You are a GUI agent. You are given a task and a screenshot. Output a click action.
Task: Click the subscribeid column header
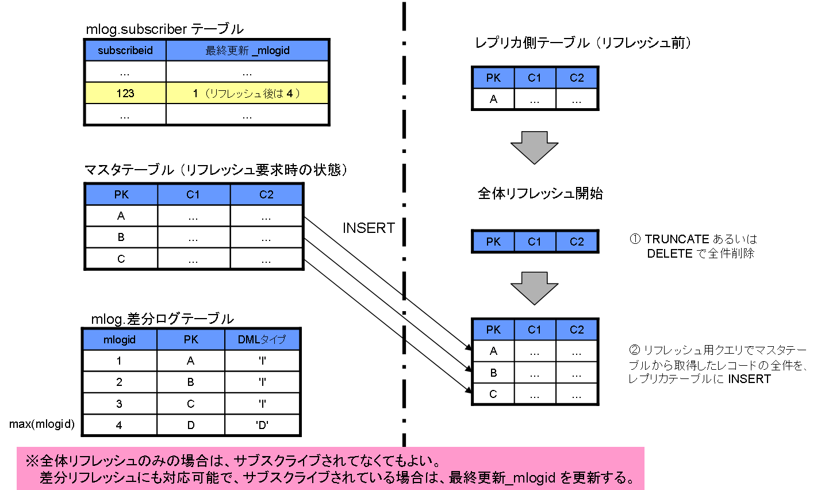[125, 51]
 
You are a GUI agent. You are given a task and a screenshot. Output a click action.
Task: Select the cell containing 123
[125, 93]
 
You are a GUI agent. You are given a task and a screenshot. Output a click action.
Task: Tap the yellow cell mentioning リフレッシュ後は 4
[247, 93]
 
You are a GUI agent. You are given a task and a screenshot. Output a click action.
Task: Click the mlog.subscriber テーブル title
[164, 29]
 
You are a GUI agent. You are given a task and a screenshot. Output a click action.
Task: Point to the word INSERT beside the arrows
[369, 228]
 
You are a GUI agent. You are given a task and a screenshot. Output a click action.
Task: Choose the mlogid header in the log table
[120, 340]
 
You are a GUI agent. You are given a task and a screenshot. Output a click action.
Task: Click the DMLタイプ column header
[262, 340]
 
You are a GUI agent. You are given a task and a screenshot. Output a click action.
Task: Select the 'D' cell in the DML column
[262, 426]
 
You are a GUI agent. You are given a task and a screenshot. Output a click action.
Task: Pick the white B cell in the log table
[191, 382]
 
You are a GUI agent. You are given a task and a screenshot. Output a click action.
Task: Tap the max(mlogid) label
[42, 424]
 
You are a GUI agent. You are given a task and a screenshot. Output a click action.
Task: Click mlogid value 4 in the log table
[119, 426]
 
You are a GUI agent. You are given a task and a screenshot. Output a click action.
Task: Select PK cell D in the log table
[191, 426]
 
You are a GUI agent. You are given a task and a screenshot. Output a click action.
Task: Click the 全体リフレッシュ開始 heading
[540, 193]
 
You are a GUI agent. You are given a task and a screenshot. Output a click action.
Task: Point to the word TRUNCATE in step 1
[677, 239]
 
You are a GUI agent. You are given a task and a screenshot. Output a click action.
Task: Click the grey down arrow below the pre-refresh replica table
[534, 147]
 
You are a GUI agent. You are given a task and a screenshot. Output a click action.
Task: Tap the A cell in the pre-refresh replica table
[493, 99]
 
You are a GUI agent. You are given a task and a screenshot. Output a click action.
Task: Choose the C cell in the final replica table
[493, 395]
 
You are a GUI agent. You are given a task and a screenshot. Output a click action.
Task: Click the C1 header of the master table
[193, 195]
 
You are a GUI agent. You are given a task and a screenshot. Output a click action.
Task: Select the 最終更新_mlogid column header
[247, 51]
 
